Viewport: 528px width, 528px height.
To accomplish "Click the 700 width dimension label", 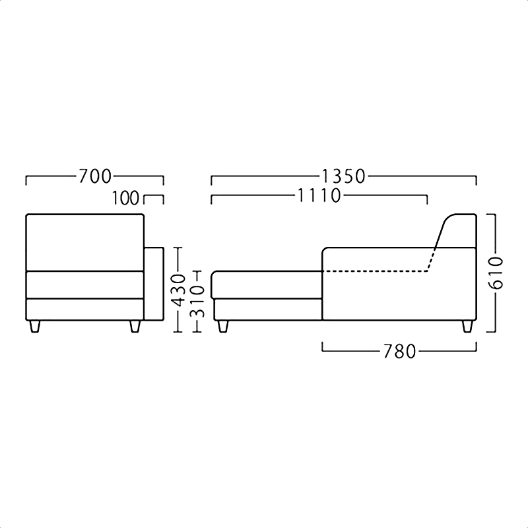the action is click(94, 176).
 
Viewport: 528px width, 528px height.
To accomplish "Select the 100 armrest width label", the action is click(125, 198).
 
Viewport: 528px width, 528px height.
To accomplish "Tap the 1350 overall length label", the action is click(343, 176).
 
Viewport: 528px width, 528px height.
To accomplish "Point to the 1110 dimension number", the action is click(319, 195).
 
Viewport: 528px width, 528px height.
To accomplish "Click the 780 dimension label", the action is click(400, 352).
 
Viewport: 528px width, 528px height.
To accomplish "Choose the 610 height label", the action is click(496, 273).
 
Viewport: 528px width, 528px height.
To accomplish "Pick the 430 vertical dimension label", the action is click(178, 290).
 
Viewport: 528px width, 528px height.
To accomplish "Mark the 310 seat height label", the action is click(197, 302).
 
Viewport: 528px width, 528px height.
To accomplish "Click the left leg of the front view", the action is click(35, 326).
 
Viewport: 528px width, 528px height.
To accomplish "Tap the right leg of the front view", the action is click(135, 326).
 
